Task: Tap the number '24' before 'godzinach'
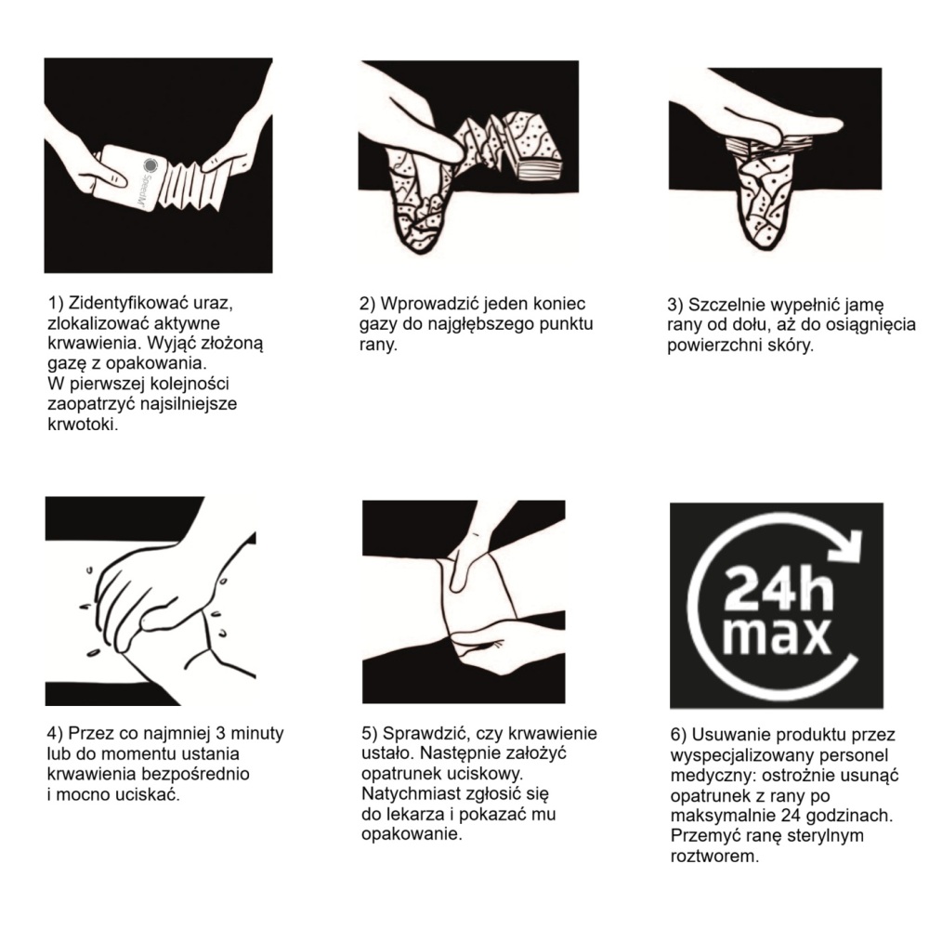coord(792,816)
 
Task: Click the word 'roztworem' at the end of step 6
coord(713,857)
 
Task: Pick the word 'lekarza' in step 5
coord(415,814)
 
